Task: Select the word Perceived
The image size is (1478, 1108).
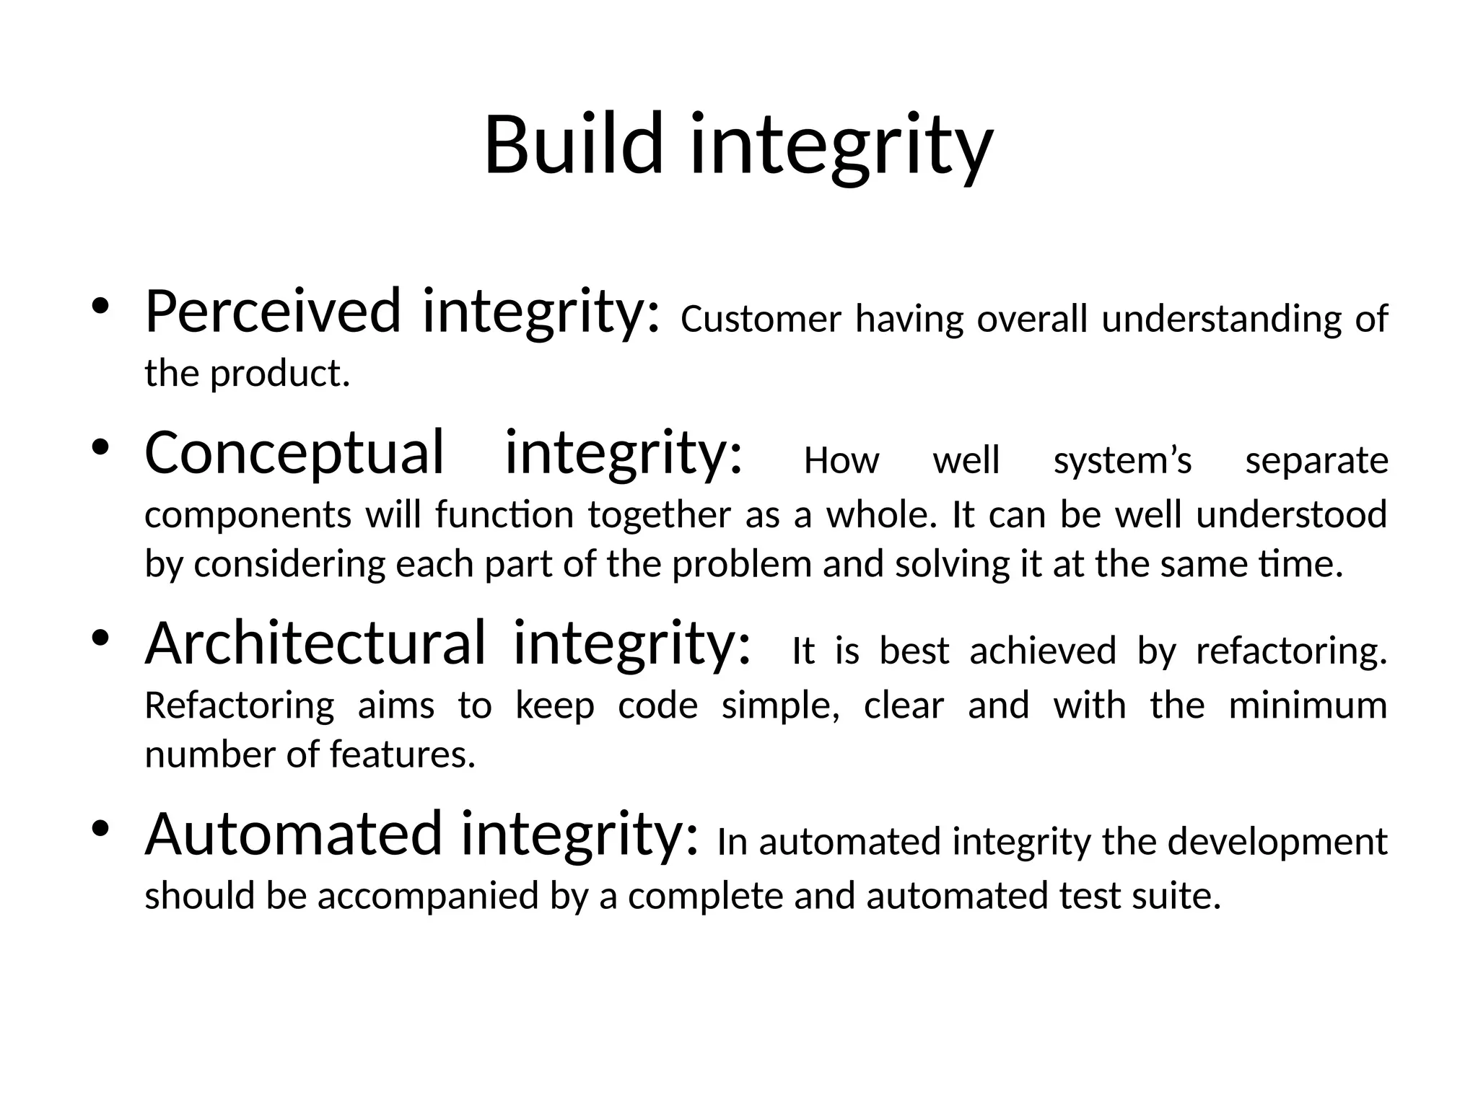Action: tap(273, 312)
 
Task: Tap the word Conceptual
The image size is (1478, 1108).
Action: tap(294, 453)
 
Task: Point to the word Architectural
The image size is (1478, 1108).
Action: tap(315, 643)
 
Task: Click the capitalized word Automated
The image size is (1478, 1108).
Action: tap(293, 834)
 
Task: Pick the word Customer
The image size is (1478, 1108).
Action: tap(761, 320)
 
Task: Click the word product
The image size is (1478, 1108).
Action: tap(280, 374)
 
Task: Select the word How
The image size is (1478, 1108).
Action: tap(841, 461)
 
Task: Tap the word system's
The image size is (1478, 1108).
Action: tap(1122, 461)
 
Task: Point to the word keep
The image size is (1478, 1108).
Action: tap(554, 705)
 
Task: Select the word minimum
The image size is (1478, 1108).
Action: tap(1308, 705)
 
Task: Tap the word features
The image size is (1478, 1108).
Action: tap(402, 755)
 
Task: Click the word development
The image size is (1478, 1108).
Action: tap(1277, 842)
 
